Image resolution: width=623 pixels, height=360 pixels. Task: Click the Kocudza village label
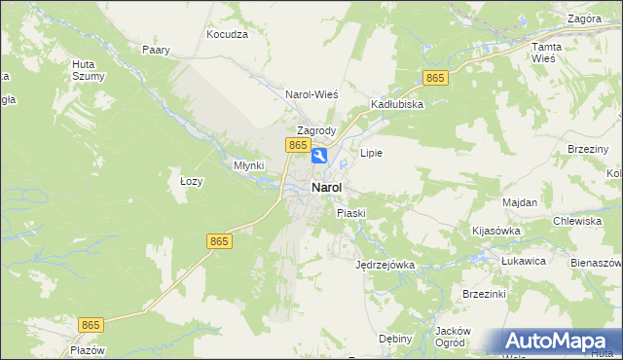coord(228,33)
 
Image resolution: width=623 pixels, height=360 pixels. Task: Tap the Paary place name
coord(156,50)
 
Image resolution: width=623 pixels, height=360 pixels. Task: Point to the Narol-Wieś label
coord(311,94)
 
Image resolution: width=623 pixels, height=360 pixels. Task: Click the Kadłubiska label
coord(396,104)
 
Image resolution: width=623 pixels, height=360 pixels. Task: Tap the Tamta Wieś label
coord(543,53)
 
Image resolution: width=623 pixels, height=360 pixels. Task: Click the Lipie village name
coord(371,153)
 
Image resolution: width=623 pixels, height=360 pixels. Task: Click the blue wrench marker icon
coord(318,156)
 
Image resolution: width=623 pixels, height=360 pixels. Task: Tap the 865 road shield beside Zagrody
coord(298,145)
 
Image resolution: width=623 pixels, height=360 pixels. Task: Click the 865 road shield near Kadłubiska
coord(434,78)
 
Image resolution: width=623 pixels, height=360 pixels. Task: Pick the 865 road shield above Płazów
coord(92,323)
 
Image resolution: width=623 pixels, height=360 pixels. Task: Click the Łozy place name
coord(191,181)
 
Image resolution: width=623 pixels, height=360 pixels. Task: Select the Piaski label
coord(350,212)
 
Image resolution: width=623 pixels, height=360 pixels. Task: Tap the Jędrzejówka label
coord(385,264)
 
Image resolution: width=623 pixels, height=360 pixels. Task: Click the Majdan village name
coord(520,201)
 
